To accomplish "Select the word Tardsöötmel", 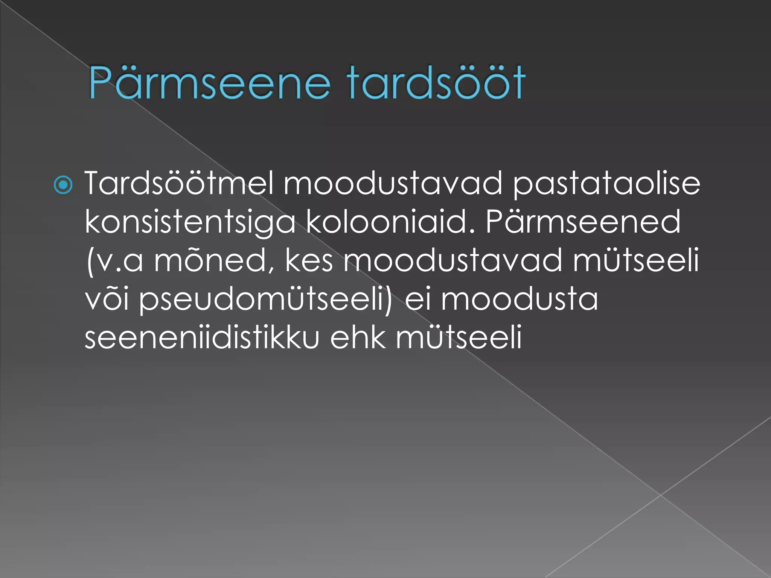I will [179, 184].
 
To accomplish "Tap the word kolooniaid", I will [390, 222].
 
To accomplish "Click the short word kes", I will [309, 260].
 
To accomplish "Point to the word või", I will [107, 300].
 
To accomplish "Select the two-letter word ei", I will [416, 300].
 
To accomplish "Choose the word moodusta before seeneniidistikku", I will [519, 300].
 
